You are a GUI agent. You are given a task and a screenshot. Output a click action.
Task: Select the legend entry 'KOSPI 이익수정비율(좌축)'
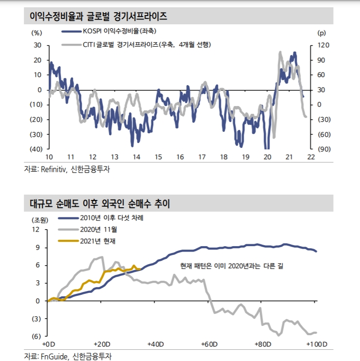(115, 32)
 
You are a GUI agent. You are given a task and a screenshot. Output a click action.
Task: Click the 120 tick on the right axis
(324, 45)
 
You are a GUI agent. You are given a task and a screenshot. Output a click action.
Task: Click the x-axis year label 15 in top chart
(158, 157)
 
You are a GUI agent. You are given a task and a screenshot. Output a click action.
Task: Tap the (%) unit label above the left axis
(37, 33)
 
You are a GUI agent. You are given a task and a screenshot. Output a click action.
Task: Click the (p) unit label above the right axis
(321, 33)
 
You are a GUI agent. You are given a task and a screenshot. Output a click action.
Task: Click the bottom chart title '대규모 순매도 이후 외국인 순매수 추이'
(97, 203)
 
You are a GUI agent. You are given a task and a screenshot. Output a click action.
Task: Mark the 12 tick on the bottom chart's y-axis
(36, 229)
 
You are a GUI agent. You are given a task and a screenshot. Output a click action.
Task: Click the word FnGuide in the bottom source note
(52, 357)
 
